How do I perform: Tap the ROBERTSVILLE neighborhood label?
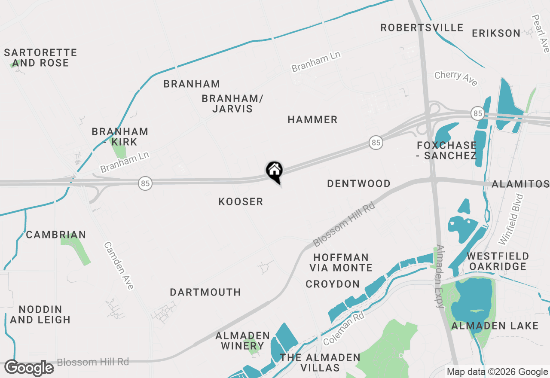(x=422, y=28)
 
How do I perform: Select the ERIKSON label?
(x=496, y=33)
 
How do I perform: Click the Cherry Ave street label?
(x=455, y=78)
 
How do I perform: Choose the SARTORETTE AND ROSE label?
(x=40, y=58)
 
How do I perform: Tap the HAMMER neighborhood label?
(x=312, y=119)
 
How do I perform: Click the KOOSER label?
(x=241, y=201)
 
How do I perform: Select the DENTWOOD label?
(x=359, y=183)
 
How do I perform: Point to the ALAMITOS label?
(x=520, y=184)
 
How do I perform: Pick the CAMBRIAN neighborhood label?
(x=56, y=235)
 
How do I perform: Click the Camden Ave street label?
(x=119, y=265)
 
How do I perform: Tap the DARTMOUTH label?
(x=205, y=292)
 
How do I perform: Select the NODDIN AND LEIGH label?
(x=40, y=314)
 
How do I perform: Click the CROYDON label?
(x=333, y=284)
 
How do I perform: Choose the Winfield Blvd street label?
(x=511, y=219)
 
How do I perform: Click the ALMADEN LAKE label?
(x=495, y=326)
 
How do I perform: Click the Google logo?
(x=29, y=368)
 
